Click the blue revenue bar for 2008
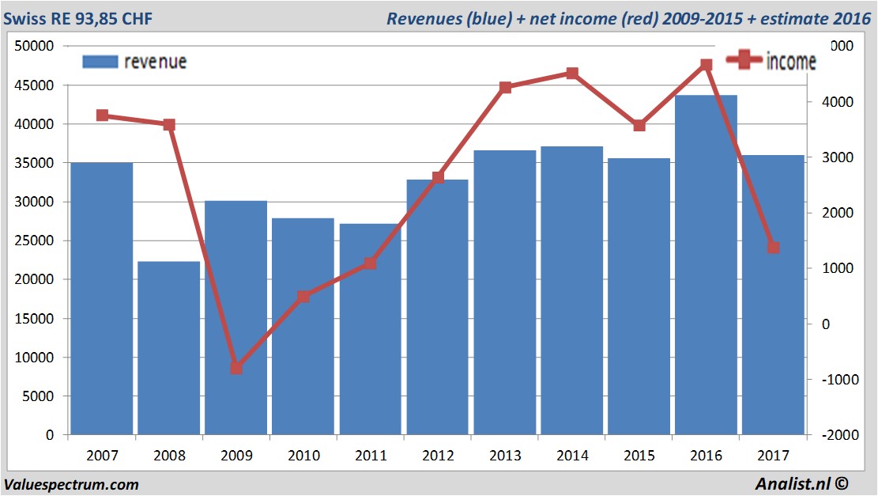[x=168, y=348]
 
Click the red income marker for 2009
[x=236, y=369]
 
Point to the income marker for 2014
[x=572, y=74]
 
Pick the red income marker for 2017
[x=774, y=248]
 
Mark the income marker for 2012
[x=438, y=178]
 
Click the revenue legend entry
[x=134, y=62]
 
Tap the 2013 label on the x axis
[x=505, y=456]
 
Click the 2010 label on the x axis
[x=303, y=456]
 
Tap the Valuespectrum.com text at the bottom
[x=71, y=484]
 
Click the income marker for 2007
[x=102, y=115]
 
